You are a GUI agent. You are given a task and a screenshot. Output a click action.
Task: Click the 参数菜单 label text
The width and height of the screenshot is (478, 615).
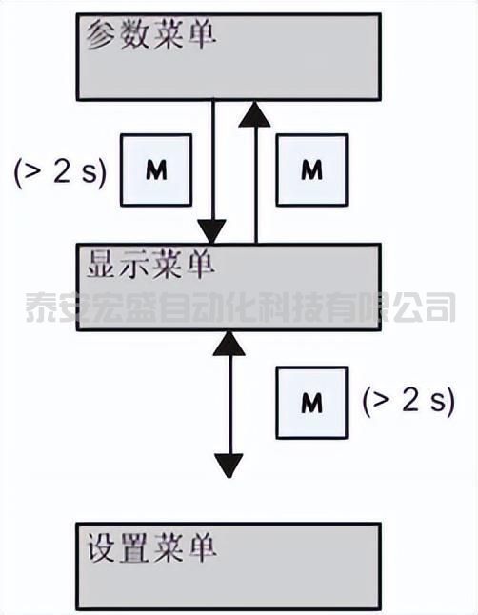tap(151, 35)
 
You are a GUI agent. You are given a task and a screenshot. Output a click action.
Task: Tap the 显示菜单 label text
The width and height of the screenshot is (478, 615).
tap(151, 265)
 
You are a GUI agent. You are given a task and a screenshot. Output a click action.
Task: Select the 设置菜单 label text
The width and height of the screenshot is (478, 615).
tap(151, 547)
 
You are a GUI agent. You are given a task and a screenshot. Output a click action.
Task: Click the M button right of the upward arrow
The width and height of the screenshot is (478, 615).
tap(312, 169)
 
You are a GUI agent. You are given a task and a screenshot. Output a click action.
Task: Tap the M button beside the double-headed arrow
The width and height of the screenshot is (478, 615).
tap(312, 403)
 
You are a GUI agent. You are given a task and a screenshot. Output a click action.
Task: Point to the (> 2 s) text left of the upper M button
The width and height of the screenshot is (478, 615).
tap(60, 171)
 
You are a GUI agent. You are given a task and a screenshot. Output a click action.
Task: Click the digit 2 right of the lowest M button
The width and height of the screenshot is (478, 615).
tap(411, 401)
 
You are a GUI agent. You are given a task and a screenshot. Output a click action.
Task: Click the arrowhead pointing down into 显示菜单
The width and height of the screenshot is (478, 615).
tap(212, 231)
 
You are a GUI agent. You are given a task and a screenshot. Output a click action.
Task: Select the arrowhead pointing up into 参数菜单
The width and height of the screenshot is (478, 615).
tap(255, 114)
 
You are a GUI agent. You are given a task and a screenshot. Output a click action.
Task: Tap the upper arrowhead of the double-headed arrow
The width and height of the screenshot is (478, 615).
tap(229, 344)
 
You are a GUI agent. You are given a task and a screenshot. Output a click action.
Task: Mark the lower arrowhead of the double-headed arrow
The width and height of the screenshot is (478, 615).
tap(229, 466)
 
